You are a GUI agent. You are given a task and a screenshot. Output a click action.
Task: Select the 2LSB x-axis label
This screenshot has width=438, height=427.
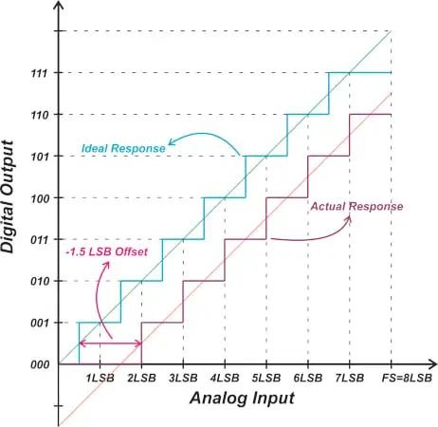click(x=141, y=379)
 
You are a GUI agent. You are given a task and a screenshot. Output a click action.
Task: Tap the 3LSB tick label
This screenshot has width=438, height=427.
click(x=183, y=379)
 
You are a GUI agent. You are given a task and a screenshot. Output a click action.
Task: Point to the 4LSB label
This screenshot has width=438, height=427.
click(x=225, y=379)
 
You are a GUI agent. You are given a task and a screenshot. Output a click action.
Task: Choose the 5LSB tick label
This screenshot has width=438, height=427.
click(x=266, y=379)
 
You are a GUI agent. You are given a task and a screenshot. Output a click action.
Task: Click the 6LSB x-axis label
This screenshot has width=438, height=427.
click(x=308, y=379)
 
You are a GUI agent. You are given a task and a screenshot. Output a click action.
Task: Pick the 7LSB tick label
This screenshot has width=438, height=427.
click(x=350, y=379)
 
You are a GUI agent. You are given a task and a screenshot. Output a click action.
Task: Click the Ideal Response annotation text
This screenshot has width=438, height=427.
click(x=132, y=148)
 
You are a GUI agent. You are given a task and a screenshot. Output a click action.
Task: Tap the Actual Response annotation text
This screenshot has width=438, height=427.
click(x=358, y=206)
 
